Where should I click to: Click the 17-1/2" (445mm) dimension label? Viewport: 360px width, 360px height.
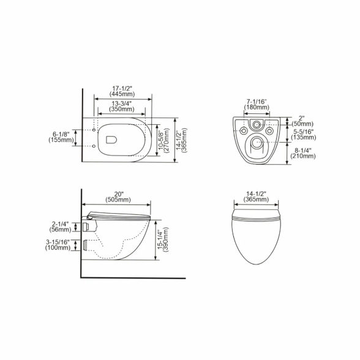122,91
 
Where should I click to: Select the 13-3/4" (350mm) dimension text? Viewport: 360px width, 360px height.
122,106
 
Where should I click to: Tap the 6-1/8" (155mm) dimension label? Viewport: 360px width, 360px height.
61,137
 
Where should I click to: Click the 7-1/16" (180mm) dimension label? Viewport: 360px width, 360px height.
257,104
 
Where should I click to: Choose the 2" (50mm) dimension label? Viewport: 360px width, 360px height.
302,121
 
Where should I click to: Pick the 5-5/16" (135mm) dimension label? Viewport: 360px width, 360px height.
304,135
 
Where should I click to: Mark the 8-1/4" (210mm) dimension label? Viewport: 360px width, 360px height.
303,153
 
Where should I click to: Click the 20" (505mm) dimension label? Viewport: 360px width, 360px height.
118,197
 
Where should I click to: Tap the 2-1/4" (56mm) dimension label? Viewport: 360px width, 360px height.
60,227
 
